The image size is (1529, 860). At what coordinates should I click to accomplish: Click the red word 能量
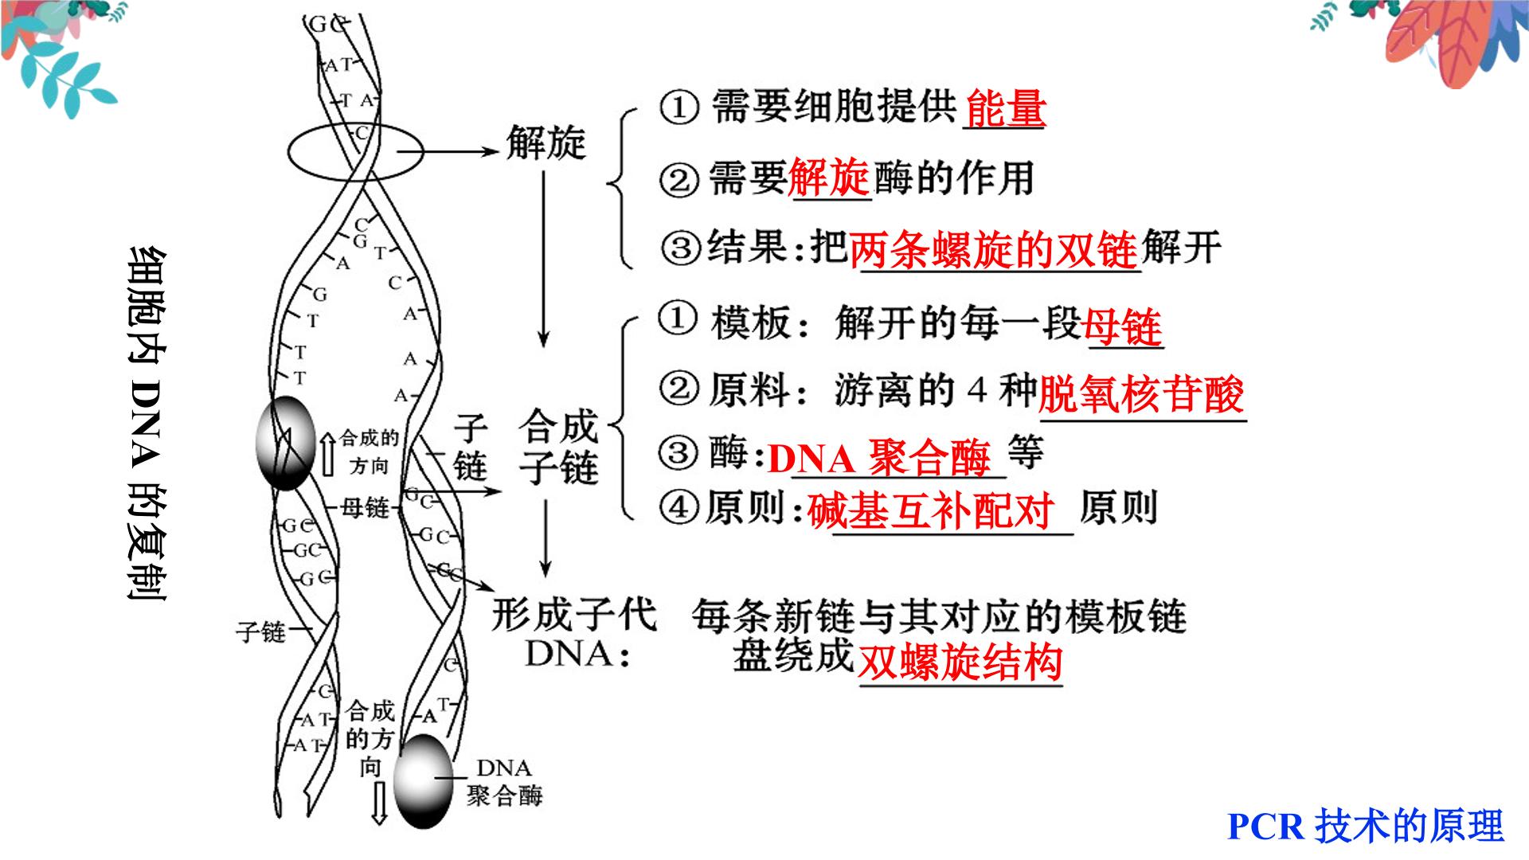(1005, 108)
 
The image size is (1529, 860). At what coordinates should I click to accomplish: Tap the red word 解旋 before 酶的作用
(828, 177)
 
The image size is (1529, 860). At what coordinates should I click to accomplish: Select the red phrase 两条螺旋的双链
(993, 249)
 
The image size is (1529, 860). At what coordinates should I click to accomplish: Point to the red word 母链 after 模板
(1123, 326)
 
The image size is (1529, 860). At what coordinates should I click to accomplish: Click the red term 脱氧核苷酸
(1141, 393)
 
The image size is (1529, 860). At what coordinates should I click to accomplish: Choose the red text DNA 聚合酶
(880, 458)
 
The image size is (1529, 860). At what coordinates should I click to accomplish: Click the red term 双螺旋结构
(960, 661)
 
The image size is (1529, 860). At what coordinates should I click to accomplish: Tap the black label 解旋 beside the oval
(546, 144)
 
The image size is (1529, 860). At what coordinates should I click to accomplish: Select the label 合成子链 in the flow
(558, 447)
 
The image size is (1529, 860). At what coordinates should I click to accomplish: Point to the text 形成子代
(573, 615)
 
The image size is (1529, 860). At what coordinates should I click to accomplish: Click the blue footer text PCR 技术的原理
(1365, 826)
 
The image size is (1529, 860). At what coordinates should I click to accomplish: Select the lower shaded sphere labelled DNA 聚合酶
(423, 781)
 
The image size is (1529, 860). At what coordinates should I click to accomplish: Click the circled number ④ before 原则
(678, 508)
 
